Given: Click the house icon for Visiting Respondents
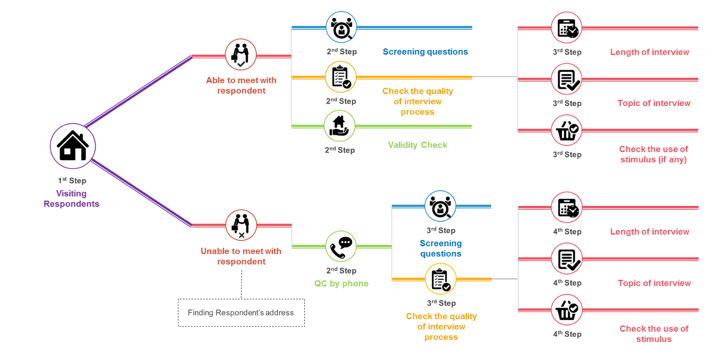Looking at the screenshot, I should point(73,146).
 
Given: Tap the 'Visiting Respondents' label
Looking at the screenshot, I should point(72,199).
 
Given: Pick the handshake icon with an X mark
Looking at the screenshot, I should point(241,225).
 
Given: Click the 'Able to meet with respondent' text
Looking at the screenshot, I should point(241,85).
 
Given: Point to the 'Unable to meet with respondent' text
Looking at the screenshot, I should point(241,256).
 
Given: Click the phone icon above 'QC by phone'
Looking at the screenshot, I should point(341,246).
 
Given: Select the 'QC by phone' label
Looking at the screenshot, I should point(341,284).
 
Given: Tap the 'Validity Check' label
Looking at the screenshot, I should point(418,145).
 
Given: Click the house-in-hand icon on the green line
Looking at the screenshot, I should point(339,126).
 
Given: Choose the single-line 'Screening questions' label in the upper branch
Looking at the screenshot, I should point(425,52).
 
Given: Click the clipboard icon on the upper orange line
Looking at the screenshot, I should point(341,77).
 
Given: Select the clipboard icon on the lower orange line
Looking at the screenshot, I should point(441,279).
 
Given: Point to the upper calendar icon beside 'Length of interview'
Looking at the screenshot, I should point(566,27).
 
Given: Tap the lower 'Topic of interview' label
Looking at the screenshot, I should point(654,283).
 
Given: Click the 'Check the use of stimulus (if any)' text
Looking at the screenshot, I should point(653,155).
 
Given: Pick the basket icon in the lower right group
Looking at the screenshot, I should point(566,310).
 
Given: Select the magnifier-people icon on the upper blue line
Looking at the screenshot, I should point(341,27).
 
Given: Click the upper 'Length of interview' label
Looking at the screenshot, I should point(650,52).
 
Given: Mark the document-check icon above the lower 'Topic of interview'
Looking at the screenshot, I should point(566,259).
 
